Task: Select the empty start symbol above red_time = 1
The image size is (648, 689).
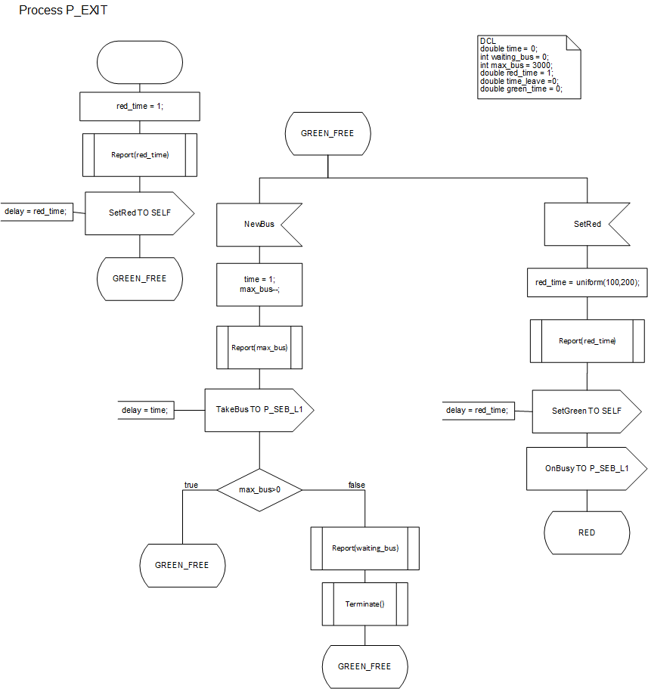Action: point(139,62)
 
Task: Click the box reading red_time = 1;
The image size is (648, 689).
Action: point(139,107)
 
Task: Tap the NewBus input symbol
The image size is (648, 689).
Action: point(258,225)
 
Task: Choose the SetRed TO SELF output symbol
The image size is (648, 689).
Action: point(139,213)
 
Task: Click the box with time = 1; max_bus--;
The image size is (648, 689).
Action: point(259,284)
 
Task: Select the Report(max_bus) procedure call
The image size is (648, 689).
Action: point(259,348)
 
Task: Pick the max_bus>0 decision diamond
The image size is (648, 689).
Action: point(259,489)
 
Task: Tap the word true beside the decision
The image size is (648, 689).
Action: point(191,485)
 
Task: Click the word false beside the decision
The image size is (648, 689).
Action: point(356,485)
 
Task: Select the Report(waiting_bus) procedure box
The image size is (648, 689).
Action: point(365,548)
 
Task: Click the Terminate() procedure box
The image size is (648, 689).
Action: point(365,604)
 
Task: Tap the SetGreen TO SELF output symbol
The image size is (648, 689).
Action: point(587,411)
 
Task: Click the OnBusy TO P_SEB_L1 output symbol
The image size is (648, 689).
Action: point(587,469)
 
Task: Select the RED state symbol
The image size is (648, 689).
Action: point(587,532)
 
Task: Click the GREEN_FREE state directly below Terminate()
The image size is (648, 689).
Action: point(364,667)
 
